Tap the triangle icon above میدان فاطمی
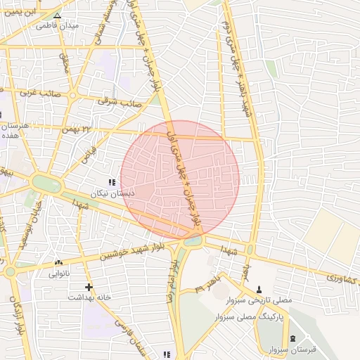click(58, 15)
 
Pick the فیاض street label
click(87, 152)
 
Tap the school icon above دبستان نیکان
click(111, 182)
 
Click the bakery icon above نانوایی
click(58, 264)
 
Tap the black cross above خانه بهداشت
click(89, 287)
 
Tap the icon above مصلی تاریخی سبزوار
click(259, 289)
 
